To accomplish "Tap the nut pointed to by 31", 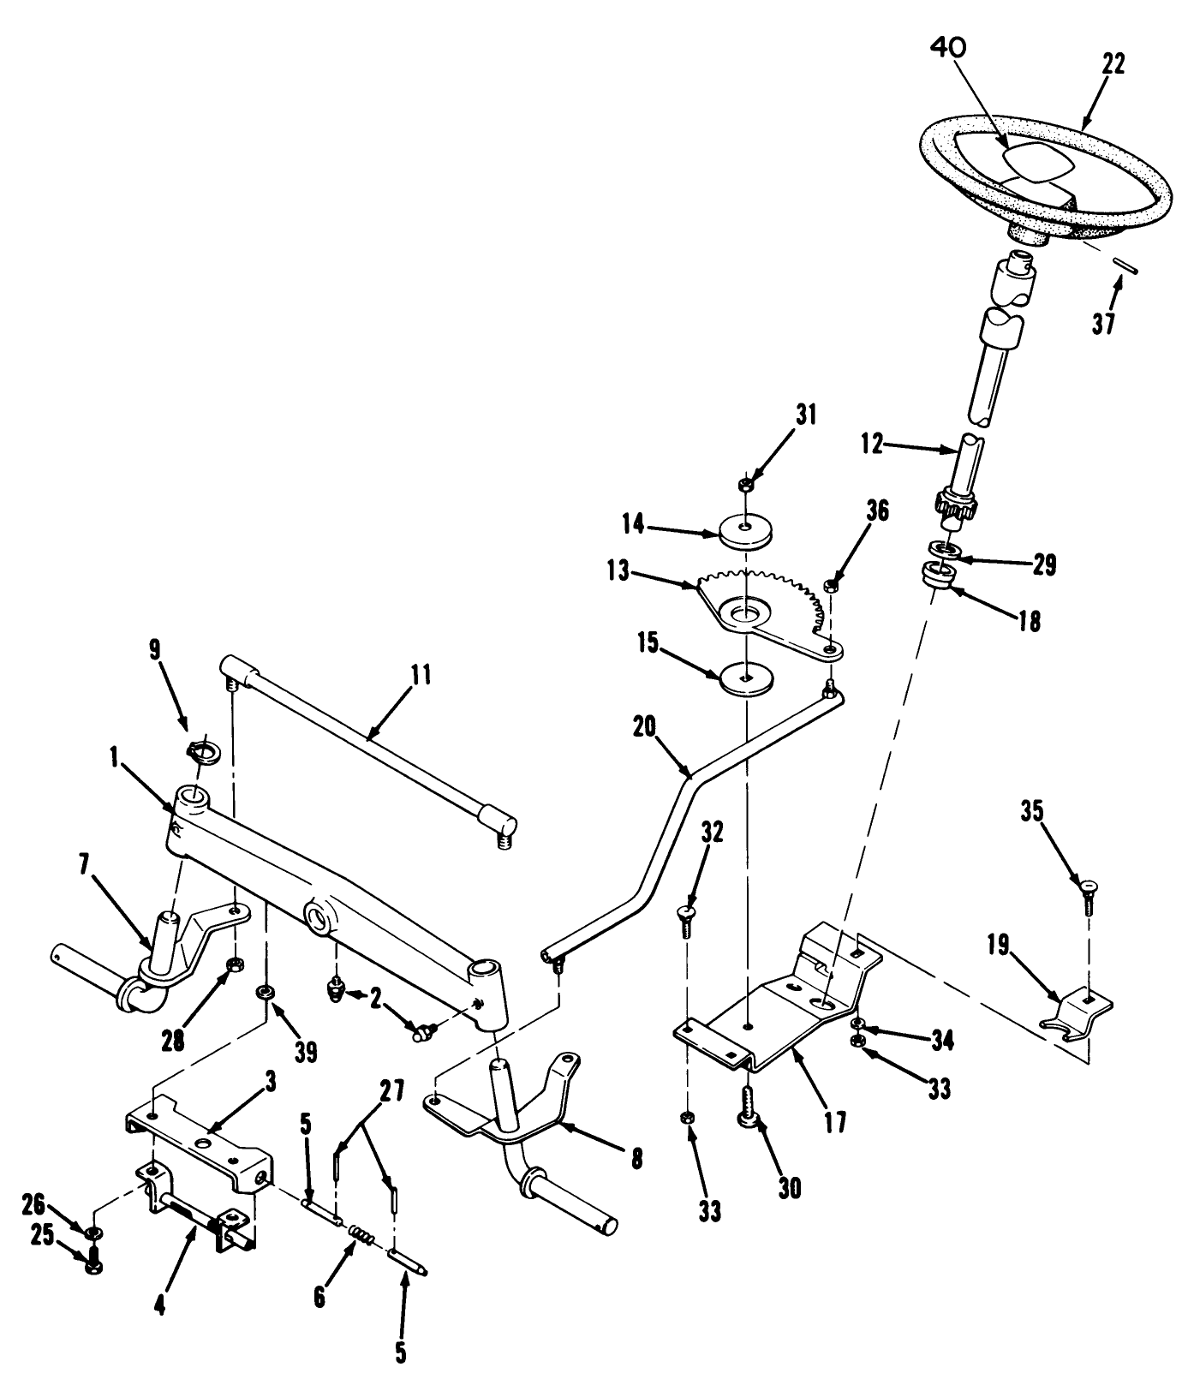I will pos(745,485).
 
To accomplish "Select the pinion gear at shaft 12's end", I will pos(949,505).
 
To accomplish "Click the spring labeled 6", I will pos(360,1236).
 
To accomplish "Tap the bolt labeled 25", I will pos(94,1262).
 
